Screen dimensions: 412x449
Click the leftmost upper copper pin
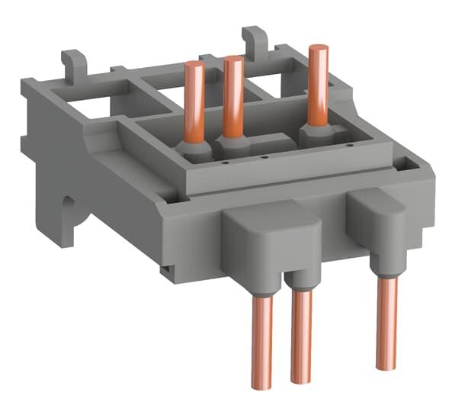(194, 99)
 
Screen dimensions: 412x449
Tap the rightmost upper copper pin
(318, 84)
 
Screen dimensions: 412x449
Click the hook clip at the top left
(73, 62)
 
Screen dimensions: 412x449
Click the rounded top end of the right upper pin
(318, 50)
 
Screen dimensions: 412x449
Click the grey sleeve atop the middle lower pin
(302, 282)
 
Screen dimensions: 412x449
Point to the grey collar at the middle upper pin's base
(233, 143)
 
